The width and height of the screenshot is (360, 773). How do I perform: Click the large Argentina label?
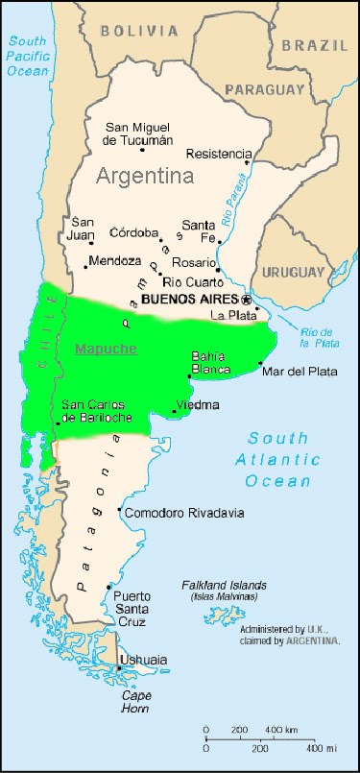click(144, 176)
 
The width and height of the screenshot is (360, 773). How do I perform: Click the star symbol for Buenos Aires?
click(245, 298)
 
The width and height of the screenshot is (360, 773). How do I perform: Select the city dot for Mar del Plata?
click(261, 363)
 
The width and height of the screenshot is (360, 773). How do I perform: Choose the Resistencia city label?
click(219, 154)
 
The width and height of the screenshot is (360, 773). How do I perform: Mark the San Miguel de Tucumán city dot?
click(143, 149)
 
